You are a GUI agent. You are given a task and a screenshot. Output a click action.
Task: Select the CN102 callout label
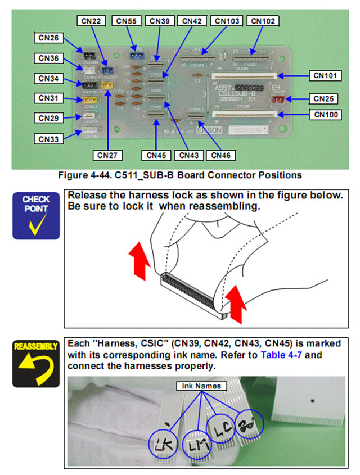click(263, 21)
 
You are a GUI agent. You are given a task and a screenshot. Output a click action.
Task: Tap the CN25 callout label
click(325, 99)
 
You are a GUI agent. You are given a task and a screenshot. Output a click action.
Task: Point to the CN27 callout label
click(107, 153)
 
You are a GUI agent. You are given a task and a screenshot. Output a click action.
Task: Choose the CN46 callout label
click(222, 153)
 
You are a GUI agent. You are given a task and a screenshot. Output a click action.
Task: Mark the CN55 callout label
click(127, 21)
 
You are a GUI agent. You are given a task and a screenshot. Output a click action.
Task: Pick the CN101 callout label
click(325, 74)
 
